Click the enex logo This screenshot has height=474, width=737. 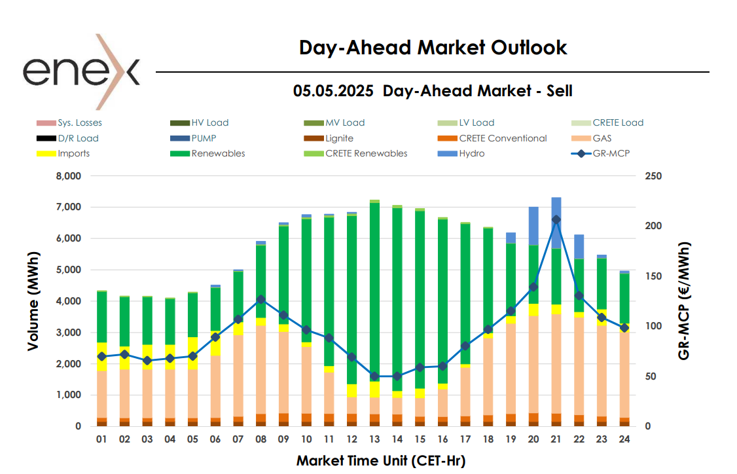[x=81, y=71]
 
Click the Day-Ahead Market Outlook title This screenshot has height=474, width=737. [x=433, y=48]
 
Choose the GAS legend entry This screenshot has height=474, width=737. [x=601, y=138]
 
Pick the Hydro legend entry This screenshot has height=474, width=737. [x=472, y=154]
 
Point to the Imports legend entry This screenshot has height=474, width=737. [x=73, y=154]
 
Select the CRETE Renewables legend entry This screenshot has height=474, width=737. [x=366, y=154]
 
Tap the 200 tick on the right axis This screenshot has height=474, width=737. [x=654, y=226]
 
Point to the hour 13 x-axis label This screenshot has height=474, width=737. [x=374, y=440]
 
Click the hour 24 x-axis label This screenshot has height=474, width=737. [x=624, y=440]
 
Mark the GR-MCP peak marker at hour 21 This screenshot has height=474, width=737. [x=556, y=220]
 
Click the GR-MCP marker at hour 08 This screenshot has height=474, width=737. [x=261, y=299]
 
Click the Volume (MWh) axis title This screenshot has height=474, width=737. [x=32, y=301]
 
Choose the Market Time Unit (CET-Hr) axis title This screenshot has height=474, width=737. [x=381, y=461]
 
